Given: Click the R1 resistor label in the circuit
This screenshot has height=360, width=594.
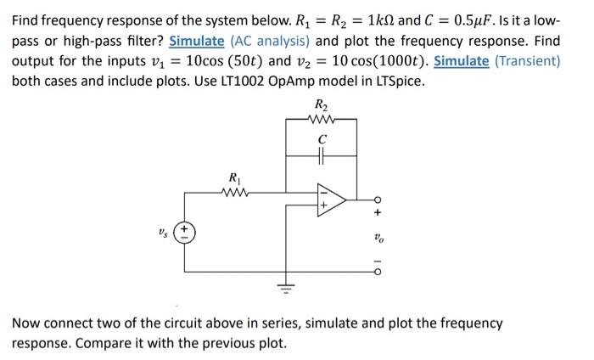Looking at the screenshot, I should [233, 177].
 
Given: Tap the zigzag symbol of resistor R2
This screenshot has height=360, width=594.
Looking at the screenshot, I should [320, 120].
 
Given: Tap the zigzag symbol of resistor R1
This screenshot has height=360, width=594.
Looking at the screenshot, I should [233, 192].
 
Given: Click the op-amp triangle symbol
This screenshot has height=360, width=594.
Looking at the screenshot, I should [331, 200].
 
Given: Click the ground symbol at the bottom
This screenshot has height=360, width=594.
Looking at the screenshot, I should [286, 289].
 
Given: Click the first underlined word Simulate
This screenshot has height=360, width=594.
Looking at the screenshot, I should [197, 41].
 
